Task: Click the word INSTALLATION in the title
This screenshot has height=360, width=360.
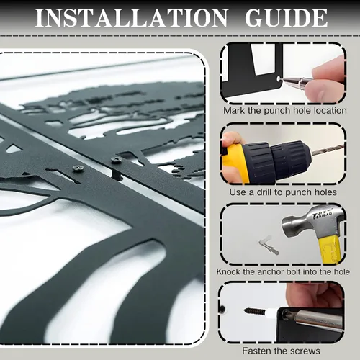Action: coord(131,18)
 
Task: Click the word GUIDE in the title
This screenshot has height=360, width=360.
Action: coord(287,18)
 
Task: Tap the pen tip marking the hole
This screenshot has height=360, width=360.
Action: coord(282,79)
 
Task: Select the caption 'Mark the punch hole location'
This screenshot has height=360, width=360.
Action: coord(285,111)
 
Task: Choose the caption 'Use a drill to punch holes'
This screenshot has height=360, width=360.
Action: coord(283,192)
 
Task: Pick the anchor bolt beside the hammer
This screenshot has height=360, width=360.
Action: coord(269,246)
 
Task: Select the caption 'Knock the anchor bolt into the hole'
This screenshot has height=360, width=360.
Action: coord(283,272)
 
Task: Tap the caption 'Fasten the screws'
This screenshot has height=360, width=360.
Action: coord(281,351)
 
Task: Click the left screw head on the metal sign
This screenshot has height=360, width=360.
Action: coord(78,168)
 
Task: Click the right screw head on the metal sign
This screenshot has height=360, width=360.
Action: coord(117,160)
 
